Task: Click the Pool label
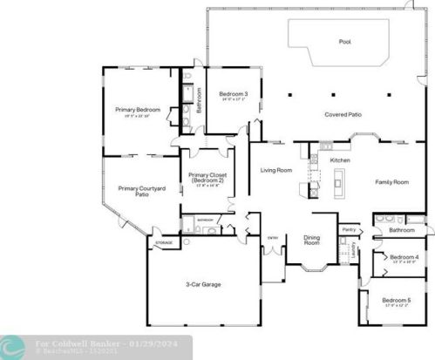tap(344, 41)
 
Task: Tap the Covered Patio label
tap(343, 114)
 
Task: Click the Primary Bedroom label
tap(138, 109)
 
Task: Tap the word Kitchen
tap(340, 160)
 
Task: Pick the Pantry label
tap(350, 229)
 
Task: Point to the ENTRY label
tap(272, 237)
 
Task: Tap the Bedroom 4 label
tap(404, 257)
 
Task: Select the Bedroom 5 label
tap(397, 300)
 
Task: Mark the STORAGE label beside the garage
tap(163, 242)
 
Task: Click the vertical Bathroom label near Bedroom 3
tap(199, 100)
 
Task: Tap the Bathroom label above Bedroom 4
tap(402, 230)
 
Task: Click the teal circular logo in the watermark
tap(12, 346)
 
